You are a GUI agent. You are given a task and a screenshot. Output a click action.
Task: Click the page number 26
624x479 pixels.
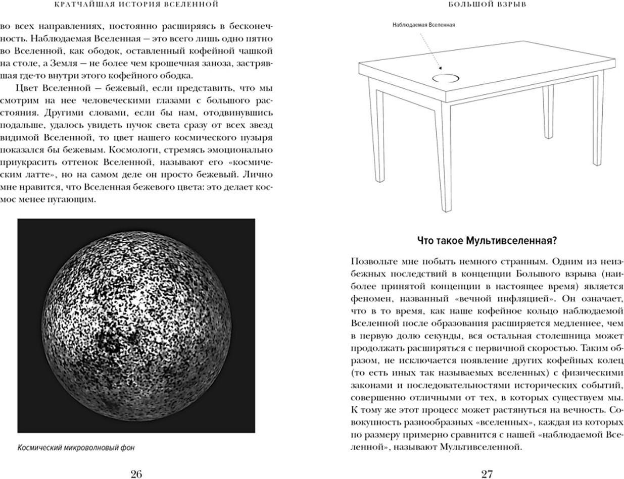(x=136, y=473)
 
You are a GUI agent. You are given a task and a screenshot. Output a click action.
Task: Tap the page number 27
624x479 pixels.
(x=487, y=473)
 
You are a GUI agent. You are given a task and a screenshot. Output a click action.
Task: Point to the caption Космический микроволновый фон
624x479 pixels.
(x=76, y=447)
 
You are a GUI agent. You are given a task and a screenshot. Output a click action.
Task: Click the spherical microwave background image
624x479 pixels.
(x=136, y=326)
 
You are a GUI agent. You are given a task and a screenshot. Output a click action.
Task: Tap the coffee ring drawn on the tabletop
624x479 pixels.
(x=446, y=78)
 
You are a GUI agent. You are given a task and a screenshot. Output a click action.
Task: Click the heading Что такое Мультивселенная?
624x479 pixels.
(x=487, y=241)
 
